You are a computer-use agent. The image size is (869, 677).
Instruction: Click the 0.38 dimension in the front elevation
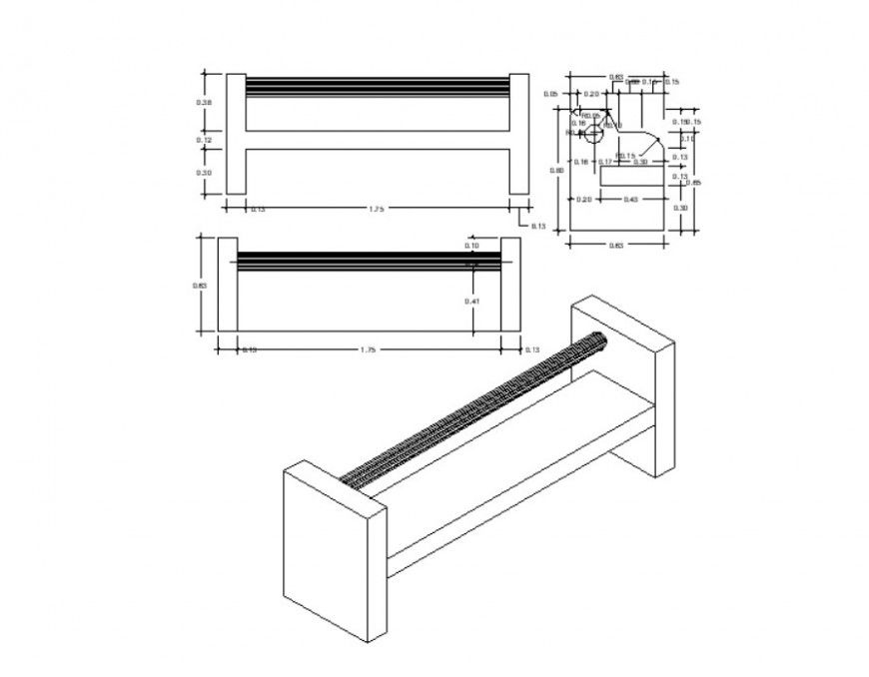coord(205,103)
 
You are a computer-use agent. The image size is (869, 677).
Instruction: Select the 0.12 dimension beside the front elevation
coord(205,141)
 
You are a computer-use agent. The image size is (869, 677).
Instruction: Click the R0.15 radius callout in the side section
coord(626,156)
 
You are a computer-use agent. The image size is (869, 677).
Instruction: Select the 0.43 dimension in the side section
coord(631,200)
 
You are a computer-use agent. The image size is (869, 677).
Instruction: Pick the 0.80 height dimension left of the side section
coord(559,171)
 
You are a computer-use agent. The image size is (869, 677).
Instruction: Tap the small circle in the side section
coord(593,134)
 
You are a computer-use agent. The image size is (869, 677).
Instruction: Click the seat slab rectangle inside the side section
coord(632,177)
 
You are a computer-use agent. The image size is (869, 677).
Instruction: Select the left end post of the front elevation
coord(236,134)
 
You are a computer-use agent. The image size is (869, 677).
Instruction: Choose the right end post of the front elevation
coord(518,134)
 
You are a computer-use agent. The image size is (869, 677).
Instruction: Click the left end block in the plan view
coord(227,285)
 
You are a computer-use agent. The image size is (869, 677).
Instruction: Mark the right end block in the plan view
coord(509,285)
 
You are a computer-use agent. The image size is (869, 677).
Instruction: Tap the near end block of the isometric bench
coord(334,549)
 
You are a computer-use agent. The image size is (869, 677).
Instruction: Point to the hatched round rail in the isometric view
coord(474,409)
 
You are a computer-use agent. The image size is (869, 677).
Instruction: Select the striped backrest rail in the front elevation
coord(377,86)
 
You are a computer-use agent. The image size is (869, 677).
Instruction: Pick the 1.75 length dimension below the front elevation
coord(377,209)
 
